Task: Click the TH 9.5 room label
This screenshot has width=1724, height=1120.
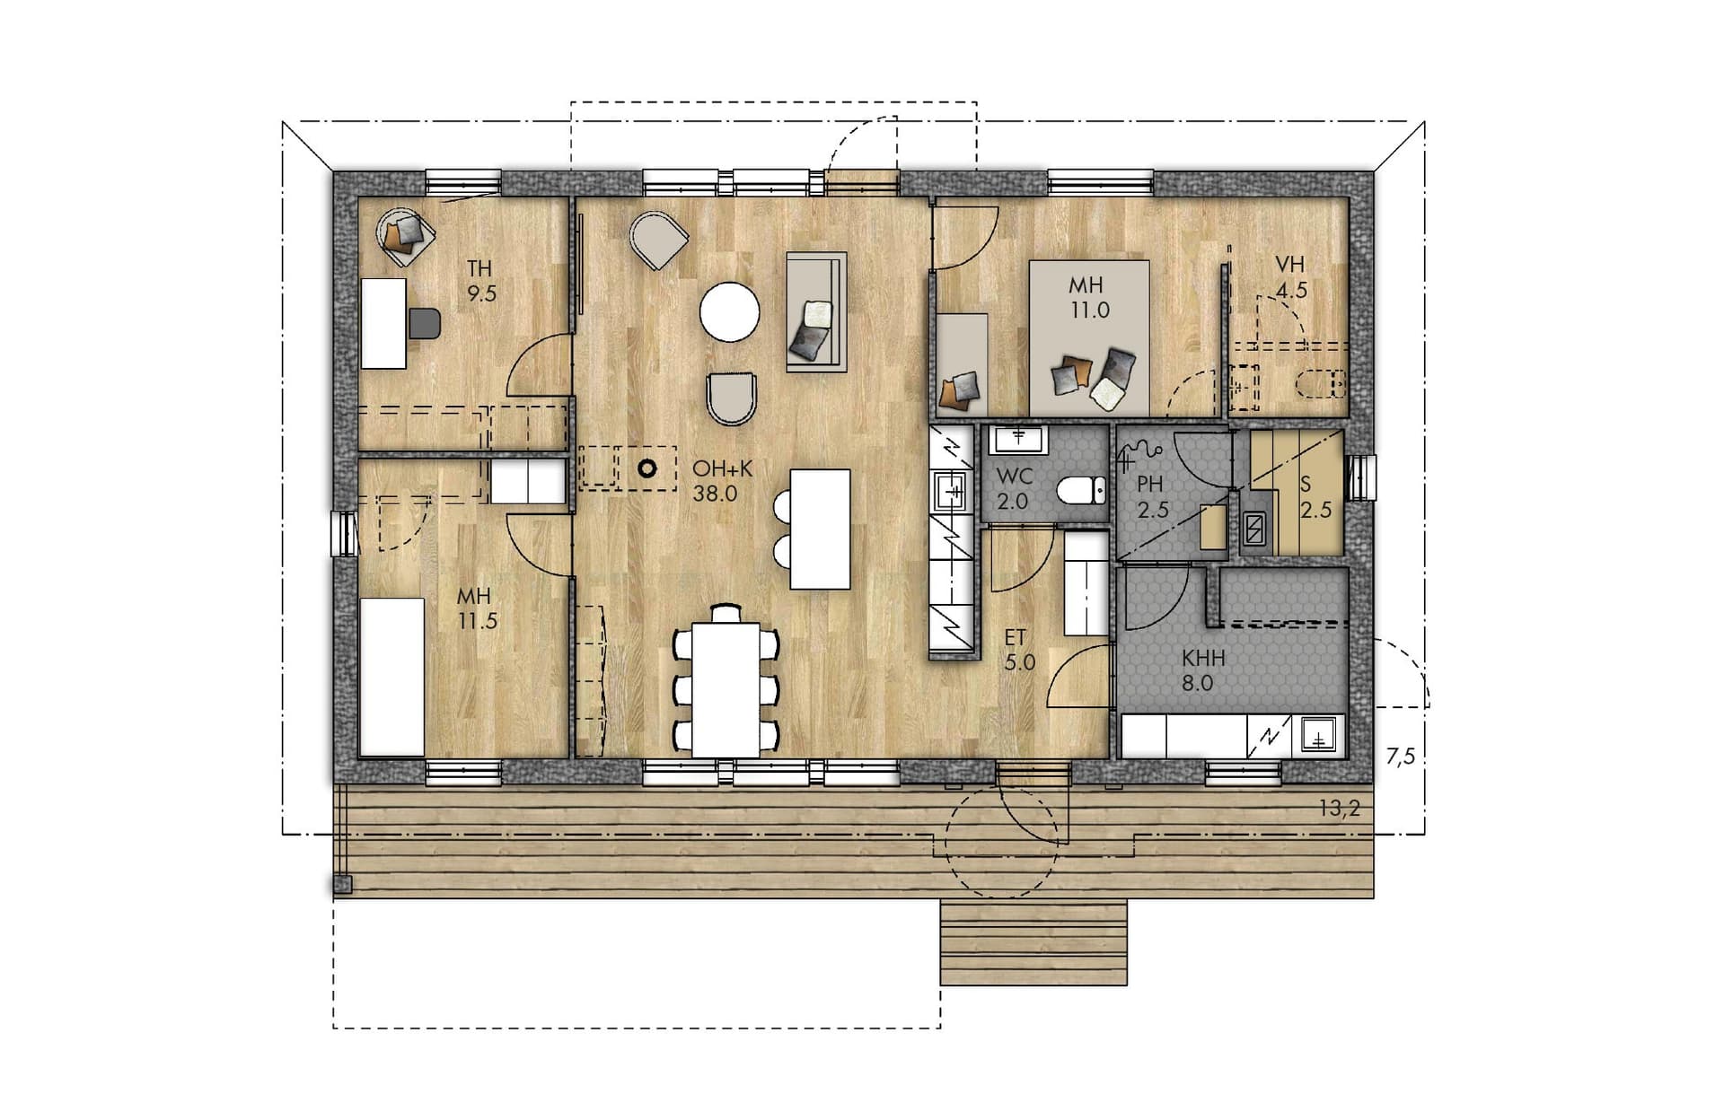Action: coord(480,281)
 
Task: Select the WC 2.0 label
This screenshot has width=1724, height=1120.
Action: coord(1014,489)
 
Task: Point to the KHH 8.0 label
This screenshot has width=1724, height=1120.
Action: coord(1203,670)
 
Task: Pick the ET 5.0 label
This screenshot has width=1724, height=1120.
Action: coord(1018,650)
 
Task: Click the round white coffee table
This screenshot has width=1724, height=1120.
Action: coord(730,311)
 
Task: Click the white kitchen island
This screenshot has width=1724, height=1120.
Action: coord(820,529)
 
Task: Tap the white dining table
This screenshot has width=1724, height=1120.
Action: coord(726,689)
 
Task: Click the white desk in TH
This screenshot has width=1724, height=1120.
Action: coord(383,323)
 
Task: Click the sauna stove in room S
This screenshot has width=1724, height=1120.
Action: coord(1253,530)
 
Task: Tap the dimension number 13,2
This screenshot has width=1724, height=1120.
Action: coord(1339,809)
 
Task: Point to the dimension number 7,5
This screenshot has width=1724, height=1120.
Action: coord(1400,757)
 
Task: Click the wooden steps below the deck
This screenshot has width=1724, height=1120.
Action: coord(1034,942)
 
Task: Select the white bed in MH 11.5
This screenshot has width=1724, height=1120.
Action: coord(392,678)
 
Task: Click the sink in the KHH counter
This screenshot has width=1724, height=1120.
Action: coord(1318,735)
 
